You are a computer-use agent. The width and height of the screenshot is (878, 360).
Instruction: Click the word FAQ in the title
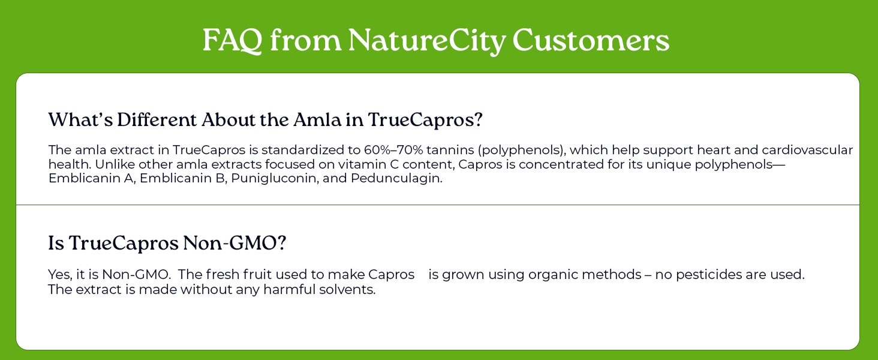click(233, 41)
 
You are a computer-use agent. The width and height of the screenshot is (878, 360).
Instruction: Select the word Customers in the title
click(591, 40)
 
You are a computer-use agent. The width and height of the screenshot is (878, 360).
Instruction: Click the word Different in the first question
click(157, 119)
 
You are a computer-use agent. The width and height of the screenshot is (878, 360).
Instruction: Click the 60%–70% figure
click(393, 150)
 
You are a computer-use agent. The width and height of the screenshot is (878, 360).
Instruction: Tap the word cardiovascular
click(807, 150)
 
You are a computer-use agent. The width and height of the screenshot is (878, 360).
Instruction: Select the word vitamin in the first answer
click(353, 164)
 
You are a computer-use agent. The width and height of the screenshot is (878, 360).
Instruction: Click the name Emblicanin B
click(182, 178)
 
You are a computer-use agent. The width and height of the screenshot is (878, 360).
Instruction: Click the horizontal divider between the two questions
click(438, 205)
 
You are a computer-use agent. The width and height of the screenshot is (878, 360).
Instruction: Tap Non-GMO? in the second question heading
click(234, 243)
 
